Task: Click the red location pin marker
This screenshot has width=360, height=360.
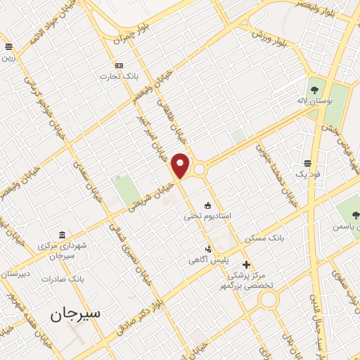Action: pyautogui.click(x=181, y=165)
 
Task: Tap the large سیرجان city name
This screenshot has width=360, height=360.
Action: pyautogui.click(x=76, y=314)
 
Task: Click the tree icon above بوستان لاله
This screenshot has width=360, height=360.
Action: pyautogui.click(x=314, y=89)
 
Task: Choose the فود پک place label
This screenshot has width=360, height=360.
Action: pyautogui.click(x=307, y=174)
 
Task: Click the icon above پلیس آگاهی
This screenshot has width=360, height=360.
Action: pyautogui.click(x=207, y=248)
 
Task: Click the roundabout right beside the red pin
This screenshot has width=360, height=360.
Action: pyautogui.click(x=200, y=169)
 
